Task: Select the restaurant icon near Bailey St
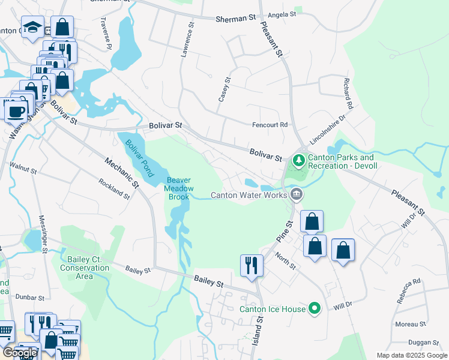252,266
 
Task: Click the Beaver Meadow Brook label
178,188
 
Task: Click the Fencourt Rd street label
270,125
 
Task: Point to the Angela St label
282,14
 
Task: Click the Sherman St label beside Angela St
236,19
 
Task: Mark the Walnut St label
23,167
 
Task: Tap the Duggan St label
424,342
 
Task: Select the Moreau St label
410,324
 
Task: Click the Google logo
20,353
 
